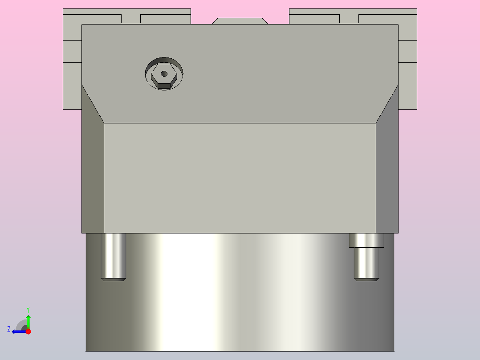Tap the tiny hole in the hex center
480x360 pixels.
pos(164,74)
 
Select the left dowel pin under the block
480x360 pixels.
pos(113,256)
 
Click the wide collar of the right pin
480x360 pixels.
pos(366,241)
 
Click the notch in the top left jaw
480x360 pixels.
pos(131,18)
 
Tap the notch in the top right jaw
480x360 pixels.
pos(349,18)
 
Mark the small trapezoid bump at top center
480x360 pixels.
pos(240,21)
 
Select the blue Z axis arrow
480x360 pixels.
pos(18,331)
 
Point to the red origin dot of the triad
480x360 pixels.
pos(28,331)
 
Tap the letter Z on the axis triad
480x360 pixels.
pos(9,329)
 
